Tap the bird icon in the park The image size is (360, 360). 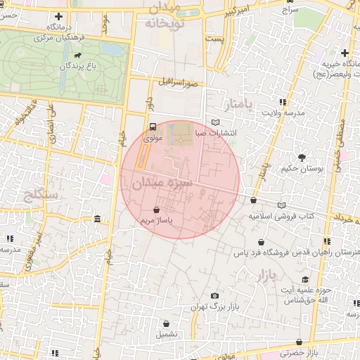tap(75, 55)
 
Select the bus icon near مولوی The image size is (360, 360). tap(153, 127)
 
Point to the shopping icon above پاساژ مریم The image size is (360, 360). tap(156, 209)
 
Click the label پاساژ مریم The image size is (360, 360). tap(156, 220)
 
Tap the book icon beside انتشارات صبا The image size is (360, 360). tap(215, 122)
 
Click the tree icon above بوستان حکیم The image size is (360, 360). tap(302, 157)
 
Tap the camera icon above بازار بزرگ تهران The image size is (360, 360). tap(214, 296)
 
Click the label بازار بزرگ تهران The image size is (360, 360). tap(215, 307)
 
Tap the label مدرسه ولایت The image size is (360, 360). tap(284, 112)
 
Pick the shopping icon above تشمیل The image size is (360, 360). tap(167, 323)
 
